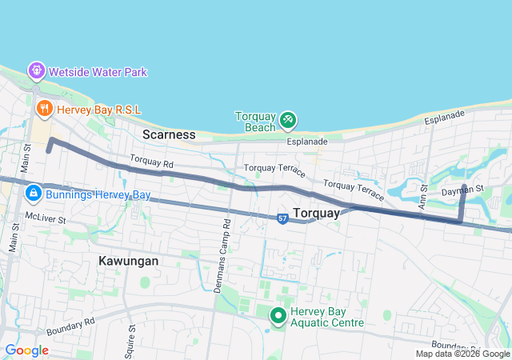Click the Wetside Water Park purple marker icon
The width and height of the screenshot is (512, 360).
pyautogui.click(x=37, y=71)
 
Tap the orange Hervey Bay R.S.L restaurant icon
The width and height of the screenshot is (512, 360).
pyautogui.click(x=44, y=106)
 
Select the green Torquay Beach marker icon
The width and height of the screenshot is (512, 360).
pyautogui.click(x=288, y=121)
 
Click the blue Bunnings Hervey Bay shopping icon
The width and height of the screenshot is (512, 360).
pyautogui.click(x=34, y=194)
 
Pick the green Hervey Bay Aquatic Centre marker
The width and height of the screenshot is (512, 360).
pyautogui.click(x=278, y=316)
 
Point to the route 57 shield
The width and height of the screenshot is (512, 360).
pyautogui.click(x=282, y=218)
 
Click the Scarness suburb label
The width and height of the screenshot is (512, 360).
pyautogui.click(x=169, y=134)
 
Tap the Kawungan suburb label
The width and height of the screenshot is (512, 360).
pyautogui.click(x=128, y=261)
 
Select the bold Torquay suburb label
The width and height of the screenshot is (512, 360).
pyautogui.click(x=318, y=213)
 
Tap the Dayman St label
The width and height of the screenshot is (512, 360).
pyautogui.click(x=463, y=190)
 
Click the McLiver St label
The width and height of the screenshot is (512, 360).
pyautogui.click(x=44, y=216)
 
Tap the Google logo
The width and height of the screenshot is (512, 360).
pyautogui.click(x=26, y=350)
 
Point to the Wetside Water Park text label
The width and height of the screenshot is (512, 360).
pyautogui.click(x=98, y=72)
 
